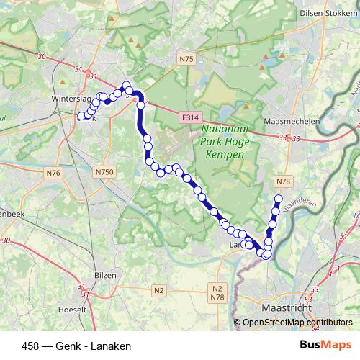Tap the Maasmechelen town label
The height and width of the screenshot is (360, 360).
[292, 122]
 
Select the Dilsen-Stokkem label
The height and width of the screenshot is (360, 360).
[325, 12]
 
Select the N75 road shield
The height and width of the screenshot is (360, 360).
[187, 59]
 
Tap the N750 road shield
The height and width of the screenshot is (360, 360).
[104, 172]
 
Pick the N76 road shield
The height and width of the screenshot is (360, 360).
[53, 173]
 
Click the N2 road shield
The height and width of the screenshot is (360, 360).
[159, 290]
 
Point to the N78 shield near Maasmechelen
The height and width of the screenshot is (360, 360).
[283, 181]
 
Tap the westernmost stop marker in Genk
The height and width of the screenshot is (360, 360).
[81, 116]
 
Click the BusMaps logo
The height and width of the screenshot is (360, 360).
[320, 345]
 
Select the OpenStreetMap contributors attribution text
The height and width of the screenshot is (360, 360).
[297, 323]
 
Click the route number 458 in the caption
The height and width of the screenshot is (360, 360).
[32, 345]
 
